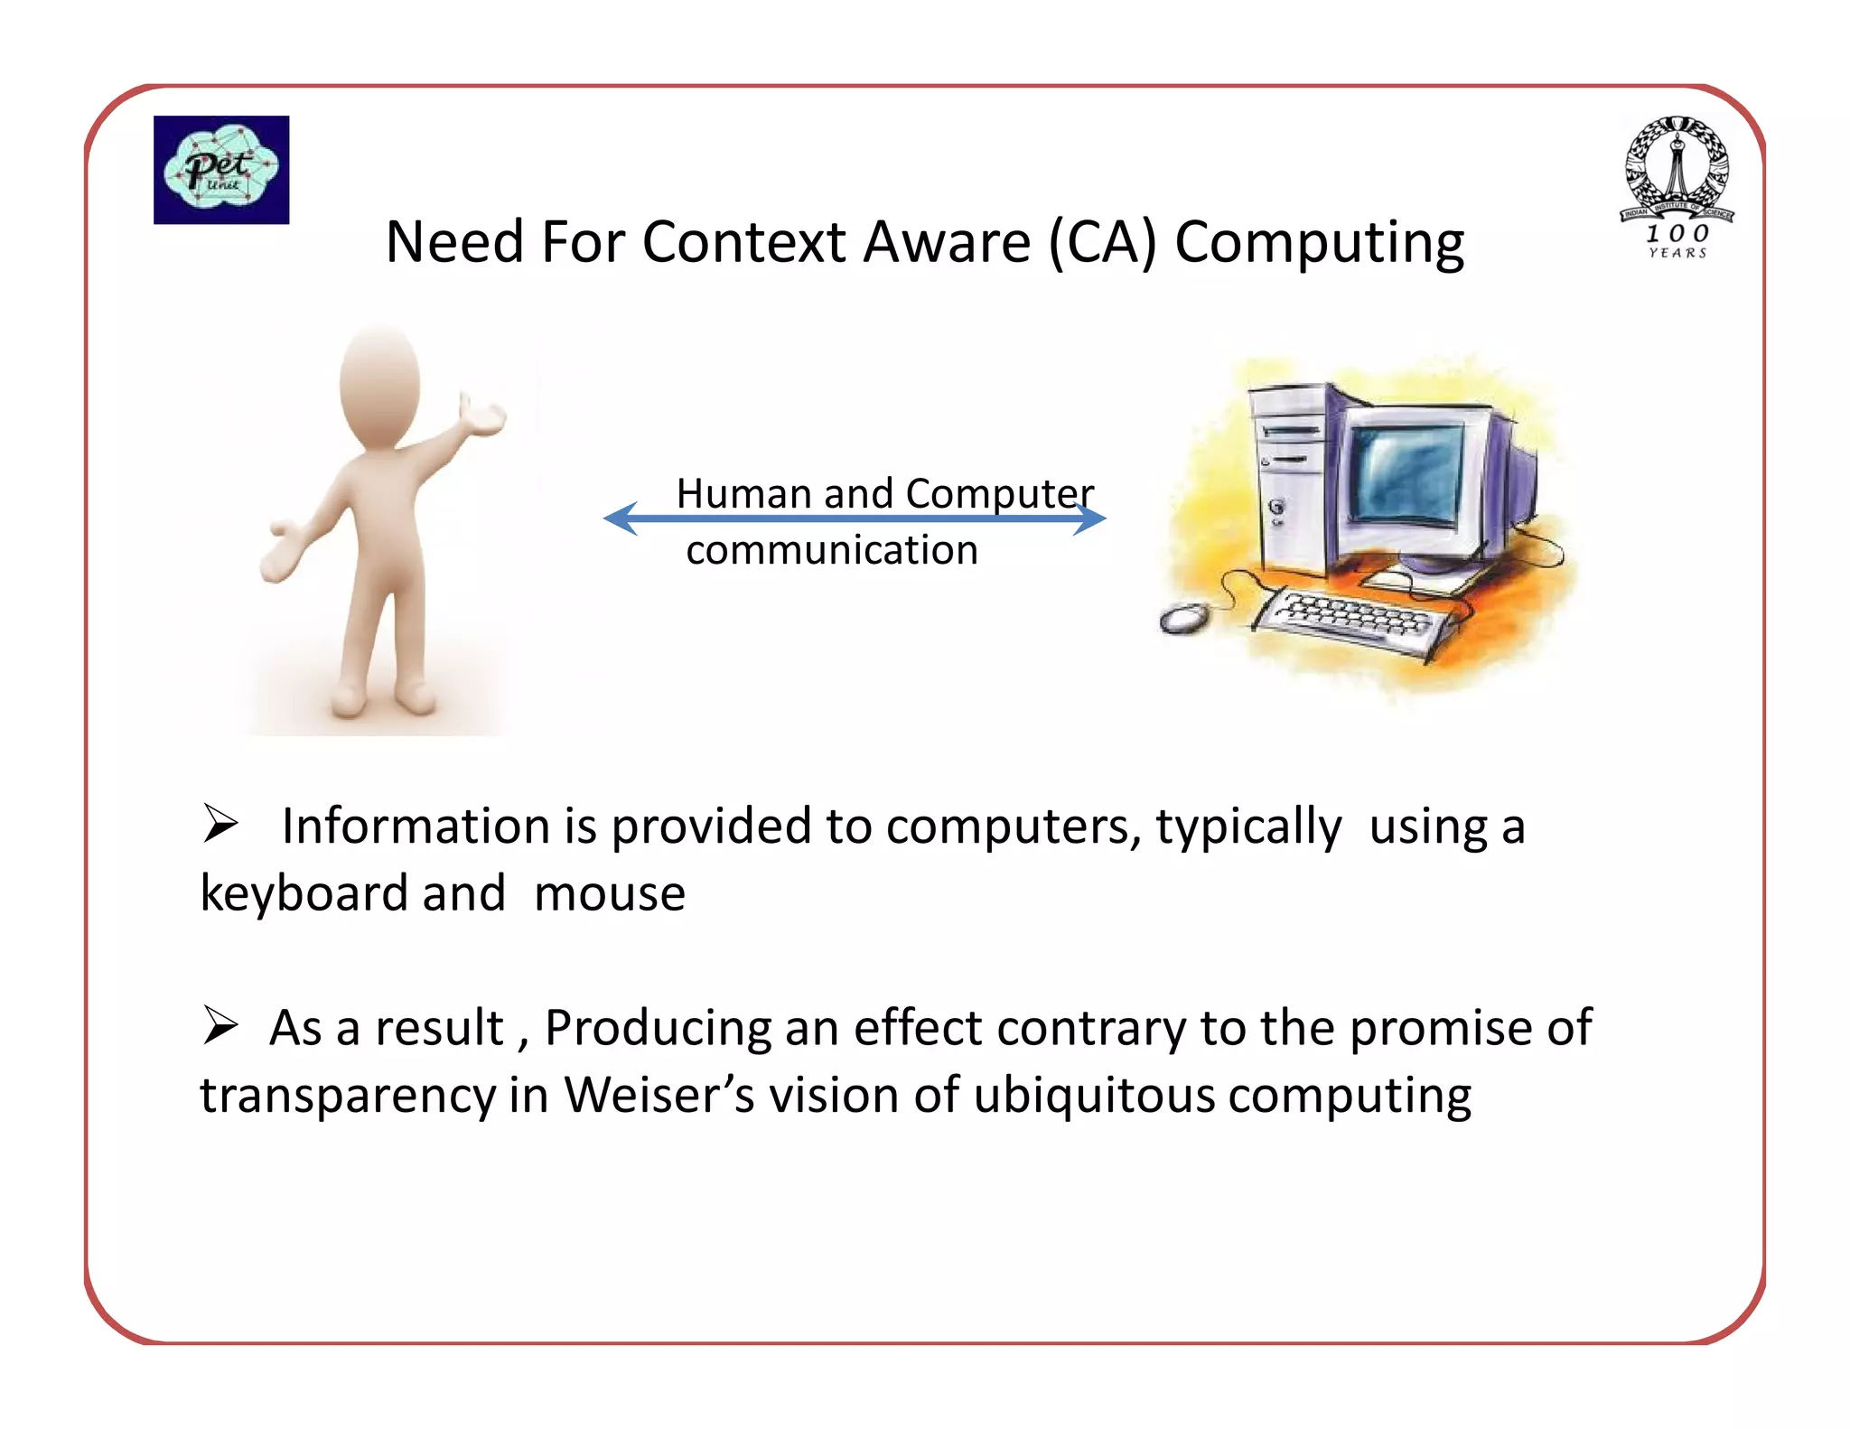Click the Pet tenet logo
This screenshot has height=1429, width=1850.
click(221, 170)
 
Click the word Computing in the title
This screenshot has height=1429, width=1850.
click(1319, 244)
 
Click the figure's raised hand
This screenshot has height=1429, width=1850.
click(484, 416)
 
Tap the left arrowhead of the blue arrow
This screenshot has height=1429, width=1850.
click(621, 518)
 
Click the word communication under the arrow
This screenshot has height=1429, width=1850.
click(831, 550)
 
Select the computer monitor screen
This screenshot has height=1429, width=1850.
click(1407, 472)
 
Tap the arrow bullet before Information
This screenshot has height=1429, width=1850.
click(220, 824)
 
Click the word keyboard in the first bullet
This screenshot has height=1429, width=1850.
click(303, 894)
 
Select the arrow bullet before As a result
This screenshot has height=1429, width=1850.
click(220, 1026)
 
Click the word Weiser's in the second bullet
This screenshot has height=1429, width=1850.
click(659, 1096)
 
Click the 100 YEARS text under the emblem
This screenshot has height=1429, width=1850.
click(1677, 242)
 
